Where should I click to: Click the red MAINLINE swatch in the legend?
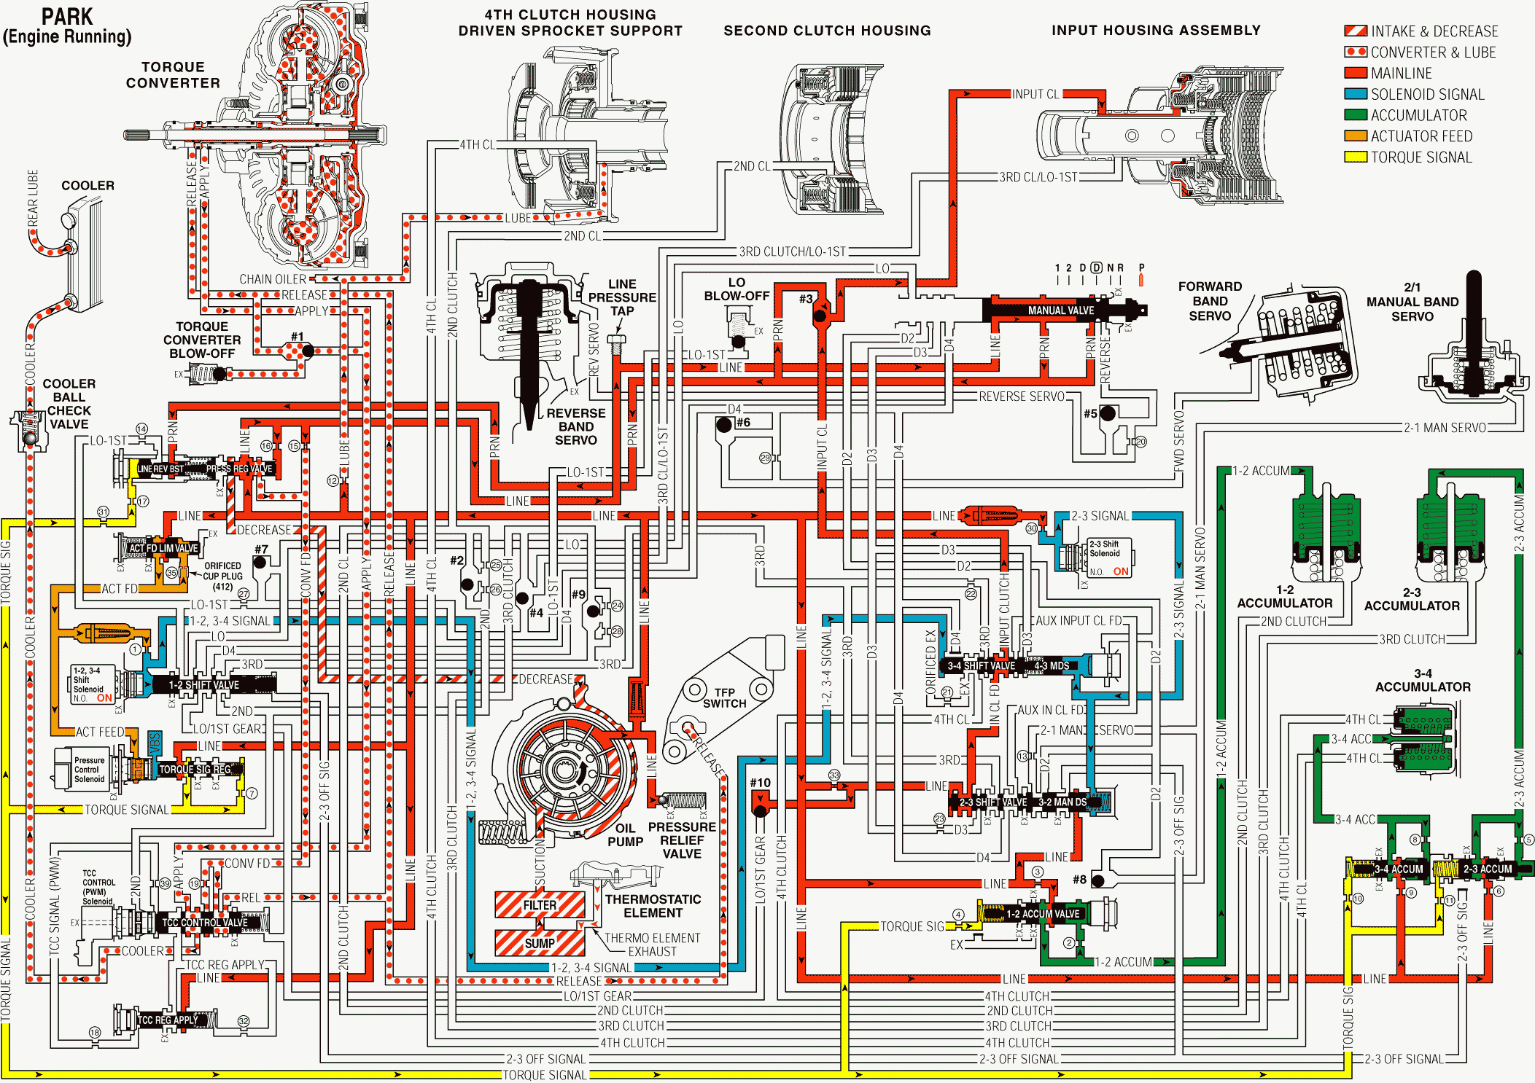[x=1355, y=73]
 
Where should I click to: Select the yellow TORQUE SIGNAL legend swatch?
[x=1355, y=157]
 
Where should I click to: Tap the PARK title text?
[x=67, y=16]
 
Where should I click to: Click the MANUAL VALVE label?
[x=1060, y=310]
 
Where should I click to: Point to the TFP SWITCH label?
[x=724, y=697]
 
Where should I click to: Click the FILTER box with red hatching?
[x=540, y=905]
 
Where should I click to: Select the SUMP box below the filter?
[x=540, y=943]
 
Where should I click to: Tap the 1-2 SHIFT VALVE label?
[x=204, y=685]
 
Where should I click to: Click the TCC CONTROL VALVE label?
[x=205, y=923]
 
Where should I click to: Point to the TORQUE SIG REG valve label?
[x=195, y=770]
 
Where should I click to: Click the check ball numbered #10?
[x=761, y=810]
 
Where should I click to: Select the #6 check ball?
[x=724, y=425]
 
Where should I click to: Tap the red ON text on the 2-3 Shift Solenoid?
[x=1121, y=571]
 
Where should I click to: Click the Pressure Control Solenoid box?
[x=89, y=770]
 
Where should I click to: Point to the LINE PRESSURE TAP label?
[x=622, y=297]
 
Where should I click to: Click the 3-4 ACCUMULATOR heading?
[x=1422, y=680]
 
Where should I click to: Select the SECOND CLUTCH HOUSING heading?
[x=827, y=31]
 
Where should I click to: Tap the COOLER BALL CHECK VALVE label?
[x=69, y=404]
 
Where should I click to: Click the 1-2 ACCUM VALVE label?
[x=1043, y=914]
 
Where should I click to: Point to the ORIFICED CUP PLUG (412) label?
[x=222, y=576]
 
